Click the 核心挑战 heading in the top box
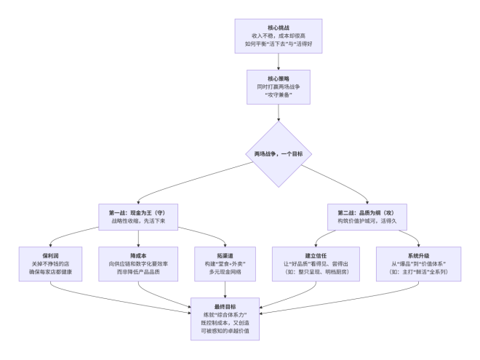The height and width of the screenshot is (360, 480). (279, 28)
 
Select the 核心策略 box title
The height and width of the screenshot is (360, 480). (279, 79)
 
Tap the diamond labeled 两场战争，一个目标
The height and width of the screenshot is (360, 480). (279, 154)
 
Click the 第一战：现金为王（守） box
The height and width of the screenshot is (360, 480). (138, 217)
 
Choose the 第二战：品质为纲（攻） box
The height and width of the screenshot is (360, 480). (367, 217)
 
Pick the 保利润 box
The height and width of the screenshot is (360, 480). (50, 264)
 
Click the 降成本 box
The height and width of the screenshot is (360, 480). (138, 264)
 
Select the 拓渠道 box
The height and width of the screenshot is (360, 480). (225, 264)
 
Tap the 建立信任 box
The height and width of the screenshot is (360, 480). (316, 264)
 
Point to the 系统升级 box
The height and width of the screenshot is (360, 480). (418, 264)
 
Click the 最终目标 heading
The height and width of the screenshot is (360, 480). (225, 307)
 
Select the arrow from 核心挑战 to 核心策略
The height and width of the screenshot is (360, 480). (279, 62)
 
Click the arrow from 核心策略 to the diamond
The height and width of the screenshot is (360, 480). (279, 113)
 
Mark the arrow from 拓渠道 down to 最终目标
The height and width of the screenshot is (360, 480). (225, 289)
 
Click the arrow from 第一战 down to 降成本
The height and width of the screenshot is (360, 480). (138, 239)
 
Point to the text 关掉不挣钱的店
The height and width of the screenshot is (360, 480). (50, 264)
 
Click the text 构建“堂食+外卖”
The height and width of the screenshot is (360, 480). (225, 264)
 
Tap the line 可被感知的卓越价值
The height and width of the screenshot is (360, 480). (225, 331)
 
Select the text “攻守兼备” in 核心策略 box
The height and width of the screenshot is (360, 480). (279, 95)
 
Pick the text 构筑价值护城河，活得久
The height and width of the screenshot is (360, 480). (367, 220)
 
